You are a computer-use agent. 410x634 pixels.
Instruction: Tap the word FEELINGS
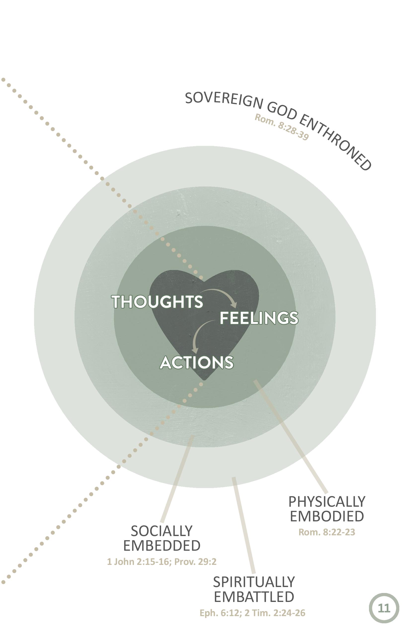(x=259, y=318)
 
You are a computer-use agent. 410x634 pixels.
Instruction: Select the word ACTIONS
(x=197, y=362)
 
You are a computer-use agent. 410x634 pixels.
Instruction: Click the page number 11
(x=384, y=608)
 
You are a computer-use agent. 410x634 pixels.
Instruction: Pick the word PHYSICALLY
(x=327, y=502)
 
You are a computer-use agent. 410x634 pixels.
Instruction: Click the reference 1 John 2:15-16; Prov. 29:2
(x=162, y=562)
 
